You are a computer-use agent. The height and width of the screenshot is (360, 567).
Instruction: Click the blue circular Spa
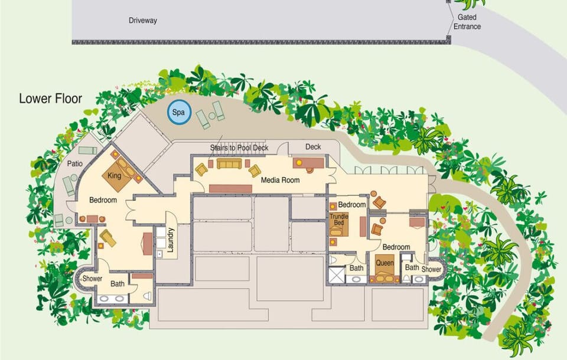point(177,112)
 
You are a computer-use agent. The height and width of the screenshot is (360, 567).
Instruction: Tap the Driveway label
point(143,21)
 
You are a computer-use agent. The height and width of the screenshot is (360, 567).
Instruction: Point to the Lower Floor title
point(50,99)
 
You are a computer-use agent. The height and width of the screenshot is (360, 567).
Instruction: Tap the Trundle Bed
point(339,223)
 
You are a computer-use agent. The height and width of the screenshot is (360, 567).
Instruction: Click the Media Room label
point(280,180)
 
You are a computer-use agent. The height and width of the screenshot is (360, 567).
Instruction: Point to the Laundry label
point(171,241)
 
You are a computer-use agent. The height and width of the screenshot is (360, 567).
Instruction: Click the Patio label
point(74,163)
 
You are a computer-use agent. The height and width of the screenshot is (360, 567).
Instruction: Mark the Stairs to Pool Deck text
point(239,147)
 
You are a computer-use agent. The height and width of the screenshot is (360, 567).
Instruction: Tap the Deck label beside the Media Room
point(313,147)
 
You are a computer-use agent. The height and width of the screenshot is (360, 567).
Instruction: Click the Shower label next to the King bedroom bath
point(92,279)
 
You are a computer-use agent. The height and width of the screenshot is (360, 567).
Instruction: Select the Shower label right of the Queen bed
point(431,269)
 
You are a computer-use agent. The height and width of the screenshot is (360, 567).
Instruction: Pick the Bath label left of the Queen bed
point(356,268)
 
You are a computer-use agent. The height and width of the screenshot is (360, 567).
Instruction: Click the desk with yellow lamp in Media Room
point(308,162)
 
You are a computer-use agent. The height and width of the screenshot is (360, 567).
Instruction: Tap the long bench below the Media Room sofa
point(230,188)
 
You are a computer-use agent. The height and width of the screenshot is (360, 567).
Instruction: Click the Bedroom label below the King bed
point(103,200)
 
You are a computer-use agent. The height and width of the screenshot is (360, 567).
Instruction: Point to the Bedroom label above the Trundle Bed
point(352,204)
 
